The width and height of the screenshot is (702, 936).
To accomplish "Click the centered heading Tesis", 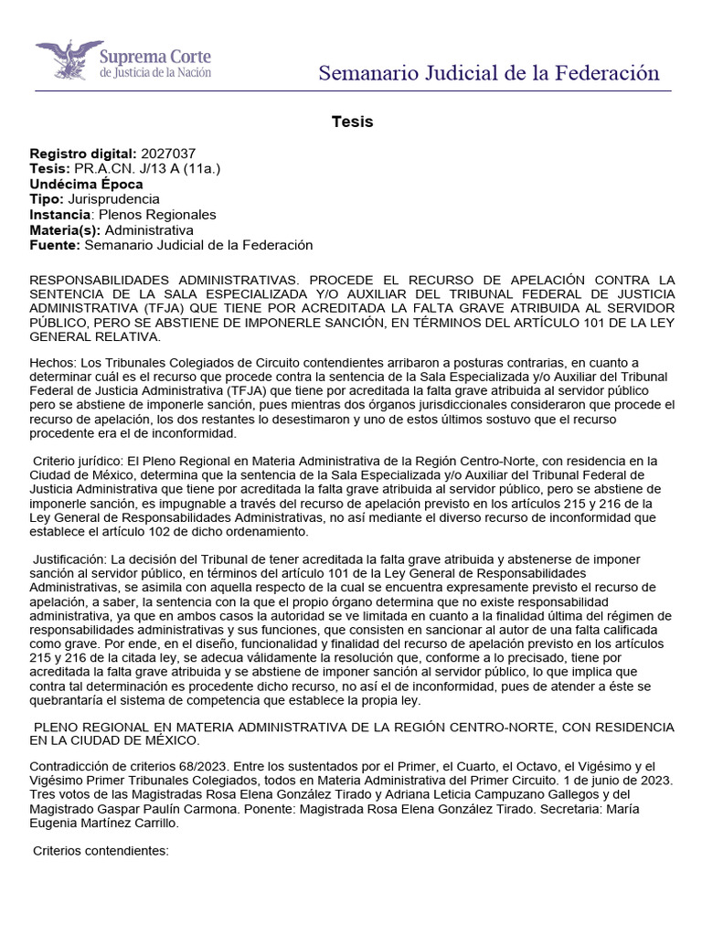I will tap(351, 122).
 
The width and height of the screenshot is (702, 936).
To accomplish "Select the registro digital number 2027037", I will tap(168, 154).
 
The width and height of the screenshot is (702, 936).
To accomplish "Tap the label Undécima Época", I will tap(87, 184).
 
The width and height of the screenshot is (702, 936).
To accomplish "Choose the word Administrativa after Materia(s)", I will tap(149, 229).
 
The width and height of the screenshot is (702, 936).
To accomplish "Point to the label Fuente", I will tap(55, 245).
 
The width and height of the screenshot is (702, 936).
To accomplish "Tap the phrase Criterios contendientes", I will tap(101, 851).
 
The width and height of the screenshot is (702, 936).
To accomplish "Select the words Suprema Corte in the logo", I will tap(155, 57).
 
